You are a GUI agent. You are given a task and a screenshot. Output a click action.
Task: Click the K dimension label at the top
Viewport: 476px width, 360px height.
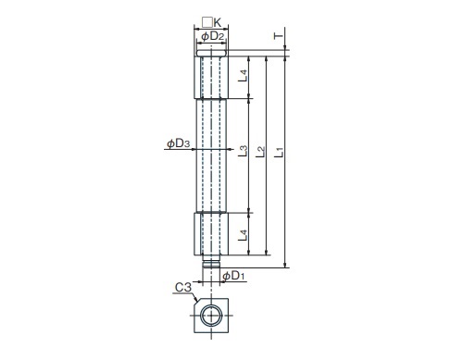[218, 22]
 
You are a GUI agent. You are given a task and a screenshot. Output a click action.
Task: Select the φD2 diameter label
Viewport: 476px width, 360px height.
[212, 36]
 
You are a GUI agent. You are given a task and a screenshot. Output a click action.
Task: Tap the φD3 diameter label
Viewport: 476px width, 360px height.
[179, 143]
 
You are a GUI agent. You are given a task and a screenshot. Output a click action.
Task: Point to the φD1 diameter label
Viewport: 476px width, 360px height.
[233, 276]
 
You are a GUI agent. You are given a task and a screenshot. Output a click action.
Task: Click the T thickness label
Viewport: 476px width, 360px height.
[279, 36]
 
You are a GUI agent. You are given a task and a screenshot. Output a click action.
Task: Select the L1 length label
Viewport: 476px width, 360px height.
[279, 153]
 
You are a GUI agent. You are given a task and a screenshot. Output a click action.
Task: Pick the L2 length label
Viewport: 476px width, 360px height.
[261, 152]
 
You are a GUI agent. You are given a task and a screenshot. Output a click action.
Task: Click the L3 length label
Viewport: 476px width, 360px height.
[243, 151]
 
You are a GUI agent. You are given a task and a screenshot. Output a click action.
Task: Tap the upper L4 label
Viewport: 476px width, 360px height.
[243, 76]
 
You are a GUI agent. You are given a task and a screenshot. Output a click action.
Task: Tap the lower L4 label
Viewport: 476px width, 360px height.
[243, 235]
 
